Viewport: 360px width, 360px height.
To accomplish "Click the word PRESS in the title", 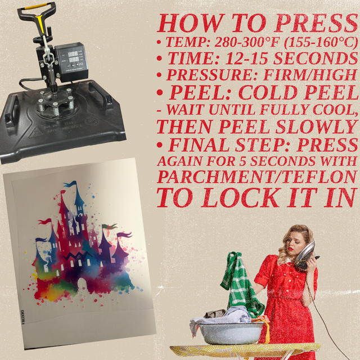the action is click(x=317, y=24).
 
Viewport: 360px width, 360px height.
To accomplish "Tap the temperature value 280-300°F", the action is click(x=247, y=42).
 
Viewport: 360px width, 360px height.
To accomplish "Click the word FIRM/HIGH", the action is click(x=310, y=75).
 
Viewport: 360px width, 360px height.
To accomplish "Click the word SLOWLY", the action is click(x=316, y=127).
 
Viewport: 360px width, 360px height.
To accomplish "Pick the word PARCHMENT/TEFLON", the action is click(x=257, y=177).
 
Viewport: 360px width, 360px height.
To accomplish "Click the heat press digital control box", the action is click(x=71, y=61).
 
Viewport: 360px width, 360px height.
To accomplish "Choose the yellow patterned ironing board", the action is click(x=245, y=349).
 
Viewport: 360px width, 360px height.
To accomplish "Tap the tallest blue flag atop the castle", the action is click(x=71, y=184).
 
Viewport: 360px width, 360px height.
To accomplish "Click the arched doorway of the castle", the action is click(x=81, y=285).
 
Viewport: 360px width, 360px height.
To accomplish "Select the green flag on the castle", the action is click(x=109, y=227).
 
